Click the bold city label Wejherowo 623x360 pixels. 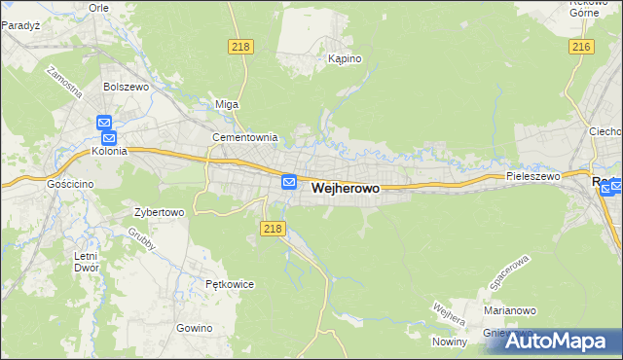pyautogui.click(x=346, y=192)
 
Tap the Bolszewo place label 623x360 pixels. pyautogui.click(x=125, y=87)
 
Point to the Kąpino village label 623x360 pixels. pyautogui.click(x=345, y=58)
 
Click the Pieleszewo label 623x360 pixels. pyautogui.click(x=532, y=176)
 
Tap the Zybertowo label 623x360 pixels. pyautogui.click(x=159, y=211)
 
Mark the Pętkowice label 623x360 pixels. pyautogui.click(x=230, y=284)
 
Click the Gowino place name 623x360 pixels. pyautogui.click(x=195, y=328)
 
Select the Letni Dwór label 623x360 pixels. pyautogui.click(x=86, y=262)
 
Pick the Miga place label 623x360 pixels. pyautogui.click(x=226, y=104)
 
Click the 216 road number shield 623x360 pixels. pyautogui.click(x=582, y=47)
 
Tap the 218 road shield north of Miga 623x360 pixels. pyautogui.click(x=240, y=47)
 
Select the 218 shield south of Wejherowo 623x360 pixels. pyautogui.click(x=273, y=228)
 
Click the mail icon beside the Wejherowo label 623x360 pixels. pyautogui.click(x=289, y=182)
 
